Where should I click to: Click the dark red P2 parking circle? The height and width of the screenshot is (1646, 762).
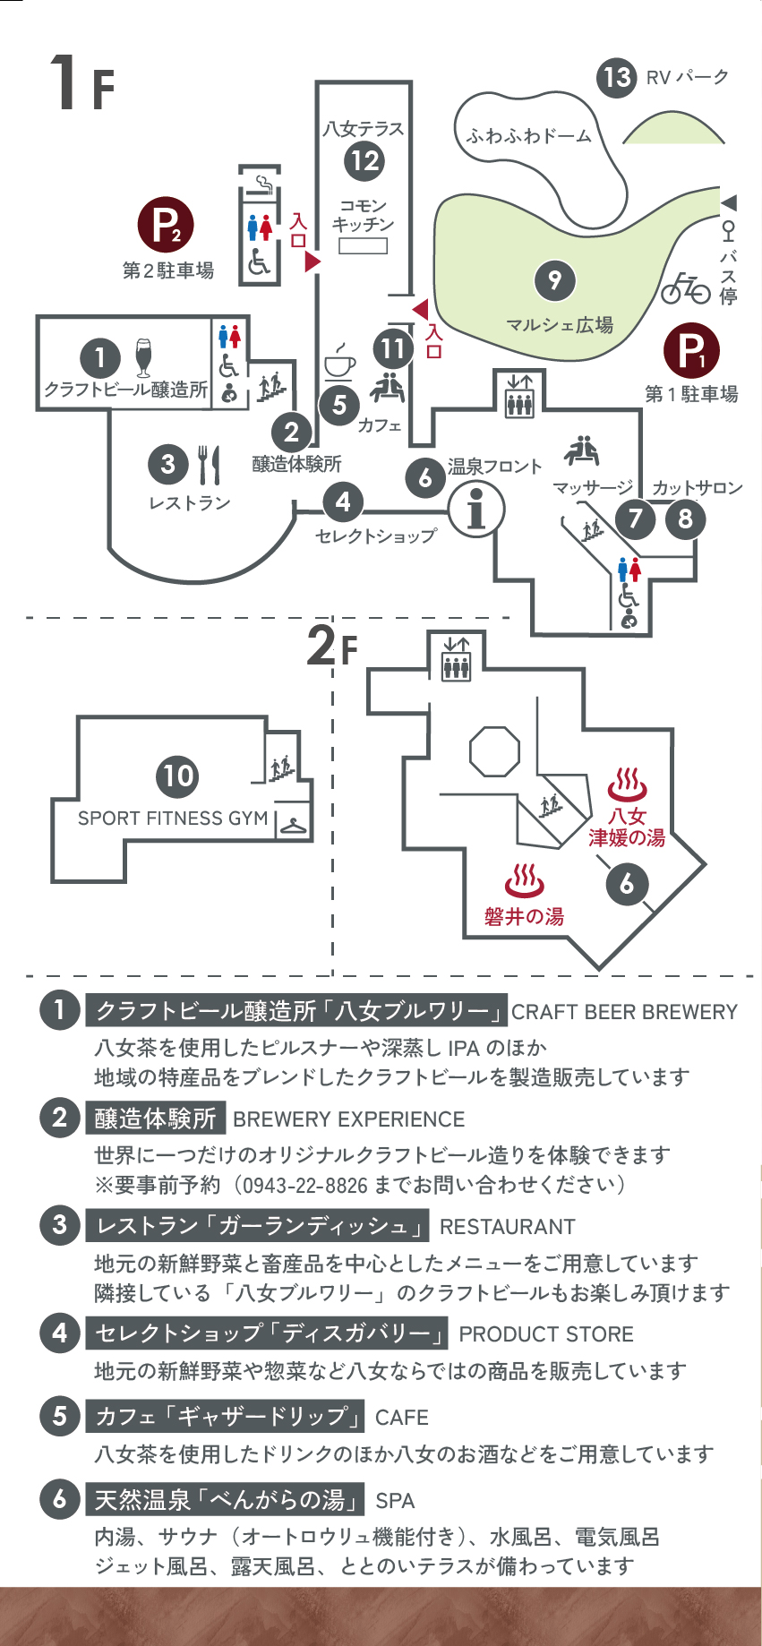(x=166, y=225)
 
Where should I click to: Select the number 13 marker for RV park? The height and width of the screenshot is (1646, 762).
(x=617, y=77)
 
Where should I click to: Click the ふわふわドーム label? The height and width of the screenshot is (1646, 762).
(x=528, y=136)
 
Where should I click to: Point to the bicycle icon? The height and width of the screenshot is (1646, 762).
(x=685, y=287)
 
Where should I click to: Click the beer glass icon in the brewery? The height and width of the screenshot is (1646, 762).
(x=143, y=356)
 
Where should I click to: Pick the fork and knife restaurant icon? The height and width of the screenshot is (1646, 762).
(x=209, y=464)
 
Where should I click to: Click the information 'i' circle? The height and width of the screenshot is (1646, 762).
(x=476, y=510)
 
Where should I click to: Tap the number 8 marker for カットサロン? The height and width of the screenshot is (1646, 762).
(x=685, y=519)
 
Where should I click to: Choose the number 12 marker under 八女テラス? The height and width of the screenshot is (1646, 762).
(x=364, y=161)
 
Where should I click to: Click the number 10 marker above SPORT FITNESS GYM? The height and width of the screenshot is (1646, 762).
(x=177, y=776)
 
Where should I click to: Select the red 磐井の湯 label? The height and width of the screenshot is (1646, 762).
(x=524, y=916)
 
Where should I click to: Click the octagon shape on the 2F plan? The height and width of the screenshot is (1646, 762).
(x=494, y=750)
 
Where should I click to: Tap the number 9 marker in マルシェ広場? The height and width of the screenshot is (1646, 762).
(x=554, y=281)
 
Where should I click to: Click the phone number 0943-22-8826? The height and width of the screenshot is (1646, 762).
(x=305, y=1185)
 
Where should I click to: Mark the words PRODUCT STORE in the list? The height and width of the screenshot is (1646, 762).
(x=545, y=1334)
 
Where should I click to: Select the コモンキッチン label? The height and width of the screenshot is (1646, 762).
(x=363, y=215)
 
